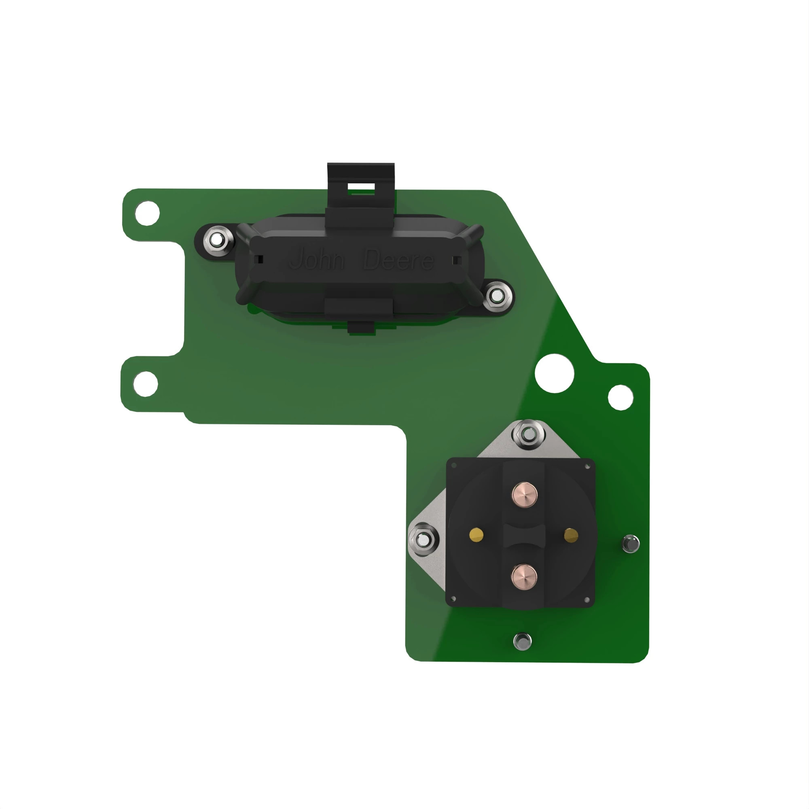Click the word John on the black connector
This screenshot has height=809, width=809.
point(317,259)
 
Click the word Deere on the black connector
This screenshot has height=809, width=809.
point(398,260)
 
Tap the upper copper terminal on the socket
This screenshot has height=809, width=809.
point(524,495)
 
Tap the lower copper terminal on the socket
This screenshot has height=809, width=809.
point(524,576)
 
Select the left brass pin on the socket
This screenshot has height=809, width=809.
point(477,534)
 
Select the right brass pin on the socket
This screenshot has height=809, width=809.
point(571,535)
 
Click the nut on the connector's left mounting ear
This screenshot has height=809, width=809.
point(217,240)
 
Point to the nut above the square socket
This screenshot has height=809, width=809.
point(529,434)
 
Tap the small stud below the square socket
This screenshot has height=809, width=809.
point(522,641)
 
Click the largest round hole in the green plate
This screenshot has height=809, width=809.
point(555,373)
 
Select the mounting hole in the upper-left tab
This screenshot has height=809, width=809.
point(147,213)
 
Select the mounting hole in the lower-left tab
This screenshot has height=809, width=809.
point(146,384)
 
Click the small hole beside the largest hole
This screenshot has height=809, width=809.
point(620,397)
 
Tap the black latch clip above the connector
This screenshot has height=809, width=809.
point(360,184)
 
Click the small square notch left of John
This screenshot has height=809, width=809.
point(260,260)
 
